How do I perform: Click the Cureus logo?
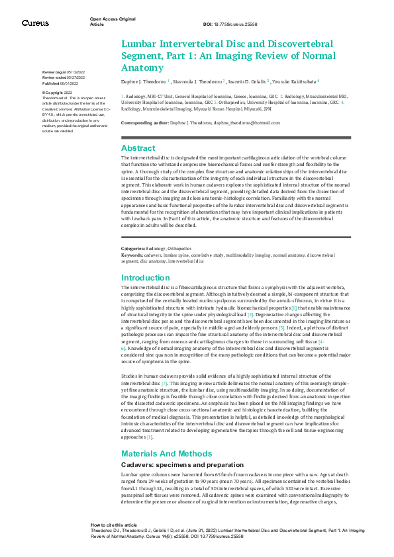tap(34, 22)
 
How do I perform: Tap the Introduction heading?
tap(146, 278)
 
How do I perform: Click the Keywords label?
tap(132, 254)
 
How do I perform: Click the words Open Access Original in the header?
tap(113, 19)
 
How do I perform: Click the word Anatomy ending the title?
tap(142, 67)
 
